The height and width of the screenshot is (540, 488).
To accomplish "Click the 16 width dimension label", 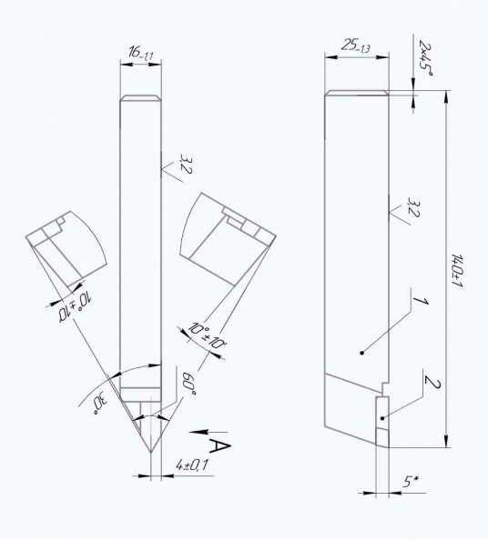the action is tap(141, 54).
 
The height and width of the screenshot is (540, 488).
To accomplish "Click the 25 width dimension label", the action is tap(356, 45).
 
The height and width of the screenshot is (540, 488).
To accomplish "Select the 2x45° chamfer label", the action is tap(425, 58).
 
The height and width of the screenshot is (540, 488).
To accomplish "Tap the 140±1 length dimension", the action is tap(457, 271).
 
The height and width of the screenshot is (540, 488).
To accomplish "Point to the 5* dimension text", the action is tap(411, 481).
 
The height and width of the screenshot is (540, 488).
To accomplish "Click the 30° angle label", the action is tap(101, 405).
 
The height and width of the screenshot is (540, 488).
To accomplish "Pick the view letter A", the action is tap(219, 446).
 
